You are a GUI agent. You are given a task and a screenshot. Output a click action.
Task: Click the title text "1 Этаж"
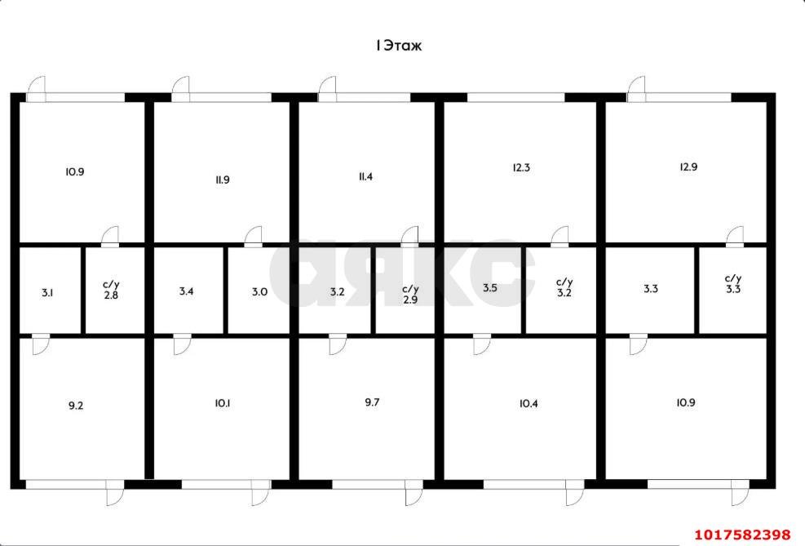399,46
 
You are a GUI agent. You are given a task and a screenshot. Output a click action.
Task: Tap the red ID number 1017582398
743,535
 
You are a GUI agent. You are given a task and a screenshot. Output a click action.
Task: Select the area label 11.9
223,180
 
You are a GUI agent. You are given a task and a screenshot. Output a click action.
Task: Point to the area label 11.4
365,176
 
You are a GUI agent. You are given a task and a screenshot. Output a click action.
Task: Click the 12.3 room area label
521,167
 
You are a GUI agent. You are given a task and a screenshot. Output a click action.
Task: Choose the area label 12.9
688,167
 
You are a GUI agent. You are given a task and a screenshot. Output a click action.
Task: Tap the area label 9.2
76,406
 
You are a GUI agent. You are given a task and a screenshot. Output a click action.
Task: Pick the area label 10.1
223,404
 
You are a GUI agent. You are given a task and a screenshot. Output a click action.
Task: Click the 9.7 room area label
372,402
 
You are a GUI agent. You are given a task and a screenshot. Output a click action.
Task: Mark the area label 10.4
529,404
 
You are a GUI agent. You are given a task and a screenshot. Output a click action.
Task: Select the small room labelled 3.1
47,293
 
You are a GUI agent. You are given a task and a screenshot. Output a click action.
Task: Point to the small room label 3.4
186,291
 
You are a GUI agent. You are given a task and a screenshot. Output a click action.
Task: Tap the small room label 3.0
260,291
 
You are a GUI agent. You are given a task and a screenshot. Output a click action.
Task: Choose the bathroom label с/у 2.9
410,295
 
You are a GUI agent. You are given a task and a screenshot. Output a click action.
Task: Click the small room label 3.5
490,288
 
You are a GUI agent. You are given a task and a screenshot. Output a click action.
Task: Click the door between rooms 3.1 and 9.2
41,344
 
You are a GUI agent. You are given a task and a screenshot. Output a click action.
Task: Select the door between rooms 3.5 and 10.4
481,344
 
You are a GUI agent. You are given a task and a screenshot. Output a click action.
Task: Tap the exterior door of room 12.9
636,90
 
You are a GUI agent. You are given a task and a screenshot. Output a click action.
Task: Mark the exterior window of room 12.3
516,98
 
